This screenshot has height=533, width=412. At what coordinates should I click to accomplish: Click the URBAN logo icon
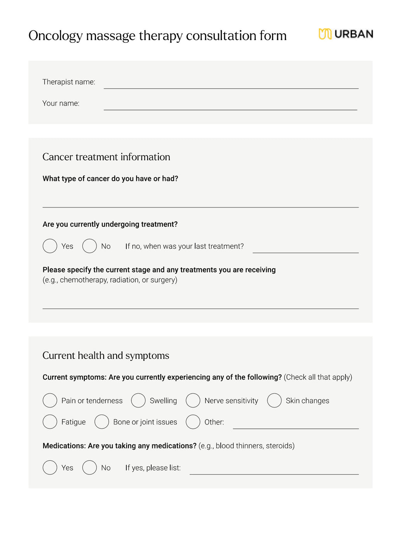[325, 34]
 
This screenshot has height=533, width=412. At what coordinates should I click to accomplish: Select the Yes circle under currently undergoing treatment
[50, 246]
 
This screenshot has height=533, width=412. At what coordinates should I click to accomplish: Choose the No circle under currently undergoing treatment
[89, 246]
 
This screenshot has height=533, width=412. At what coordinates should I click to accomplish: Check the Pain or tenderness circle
[50, 401]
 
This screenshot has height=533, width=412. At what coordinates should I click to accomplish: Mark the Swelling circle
[138, 401]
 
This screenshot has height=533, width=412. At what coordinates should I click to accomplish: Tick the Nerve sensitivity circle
[193, 401]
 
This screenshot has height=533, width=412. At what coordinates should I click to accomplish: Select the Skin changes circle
[274, 401]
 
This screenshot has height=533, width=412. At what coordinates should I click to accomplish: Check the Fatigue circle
[50, 422]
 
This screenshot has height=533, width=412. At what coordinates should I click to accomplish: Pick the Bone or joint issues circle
[101, 422]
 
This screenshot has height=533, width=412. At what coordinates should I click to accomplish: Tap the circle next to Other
[193, 422]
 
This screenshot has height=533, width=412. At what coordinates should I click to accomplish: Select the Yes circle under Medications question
[50, 468]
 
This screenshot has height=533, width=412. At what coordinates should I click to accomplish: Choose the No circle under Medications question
[89, 468]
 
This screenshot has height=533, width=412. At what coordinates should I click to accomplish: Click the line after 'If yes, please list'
[274, 471]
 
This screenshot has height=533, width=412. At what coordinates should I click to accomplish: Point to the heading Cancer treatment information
[106, 157]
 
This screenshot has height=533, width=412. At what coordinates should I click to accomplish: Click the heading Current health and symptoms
[106, 355]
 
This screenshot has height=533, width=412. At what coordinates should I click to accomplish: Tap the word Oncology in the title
[55, 36]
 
